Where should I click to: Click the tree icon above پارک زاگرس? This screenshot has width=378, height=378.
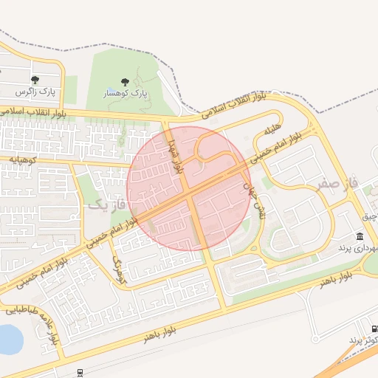[35, 80]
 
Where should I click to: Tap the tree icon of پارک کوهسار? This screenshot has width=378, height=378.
[123, 83]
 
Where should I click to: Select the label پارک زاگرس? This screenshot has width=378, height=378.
[37, 92]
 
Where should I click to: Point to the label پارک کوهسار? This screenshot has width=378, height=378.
[124, 95]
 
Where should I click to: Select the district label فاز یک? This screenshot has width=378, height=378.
[108, 202]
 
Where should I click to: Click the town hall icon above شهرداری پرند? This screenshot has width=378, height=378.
[360, 236]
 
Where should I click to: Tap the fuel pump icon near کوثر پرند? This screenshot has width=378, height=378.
[373, 328]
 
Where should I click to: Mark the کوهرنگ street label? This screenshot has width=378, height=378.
[119, 272]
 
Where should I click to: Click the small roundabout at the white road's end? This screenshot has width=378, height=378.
[315, 339]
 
